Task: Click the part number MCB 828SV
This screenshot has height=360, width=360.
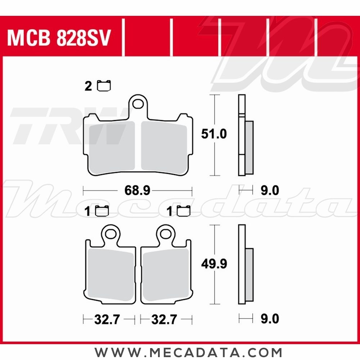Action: tap(58, 39)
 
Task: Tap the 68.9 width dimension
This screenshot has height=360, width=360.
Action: tap(137, 190)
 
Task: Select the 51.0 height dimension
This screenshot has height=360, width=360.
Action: tap(214, 134)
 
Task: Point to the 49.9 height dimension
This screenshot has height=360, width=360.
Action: tap(214, 264)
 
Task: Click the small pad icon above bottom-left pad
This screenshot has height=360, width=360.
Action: tap(102, 211)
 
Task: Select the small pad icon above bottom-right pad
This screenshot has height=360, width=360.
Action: tap(185, 211)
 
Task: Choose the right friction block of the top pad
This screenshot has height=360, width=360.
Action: tap(164, 145)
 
